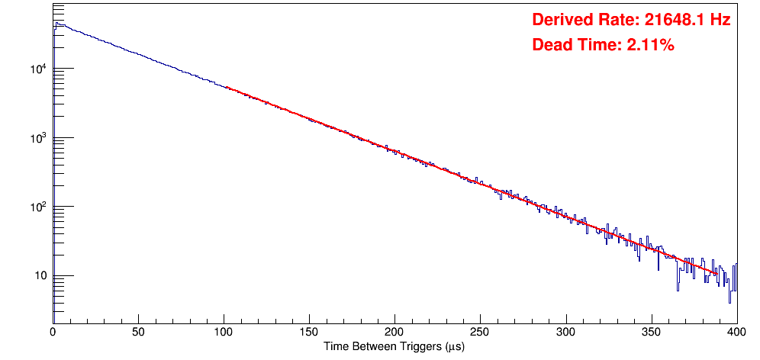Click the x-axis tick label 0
tap(53, 332)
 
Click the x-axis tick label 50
tap(138, 332)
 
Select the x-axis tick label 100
tap(224, 332)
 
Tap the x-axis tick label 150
tap(309, 332)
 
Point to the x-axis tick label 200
tap(394, 332)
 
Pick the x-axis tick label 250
tap(480, 332)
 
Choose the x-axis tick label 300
tap(565, 332)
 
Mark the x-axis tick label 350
tap(651, 332)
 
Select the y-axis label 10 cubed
tap(37, 139)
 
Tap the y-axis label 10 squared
tap(37, 207)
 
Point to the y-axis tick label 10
tap(40, 276)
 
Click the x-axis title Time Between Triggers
tap(394, 346)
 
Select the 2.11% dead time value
tap(650, 46)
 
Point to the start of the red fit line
tap(227, 88)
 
